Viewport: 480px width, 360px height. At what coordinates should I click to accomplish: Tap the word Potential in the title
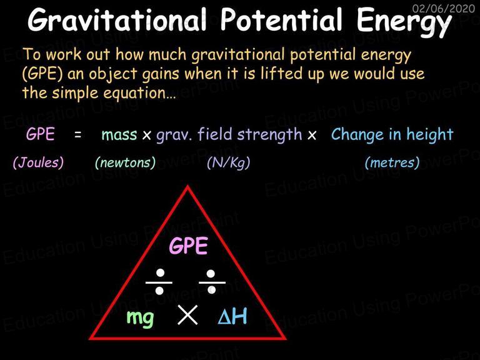pos(281,19)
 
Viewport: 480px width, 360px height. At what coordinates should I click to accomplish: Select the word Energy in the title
pos(404,22)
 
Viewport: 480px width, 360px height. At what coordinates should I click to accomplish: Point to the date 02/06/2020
pos(444,8)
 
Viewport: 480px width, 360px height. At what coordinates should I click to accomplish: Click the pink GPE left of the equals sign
pos(41,134)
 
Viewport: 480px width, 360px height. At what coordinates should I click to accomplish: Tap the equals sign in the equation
pos(78,135)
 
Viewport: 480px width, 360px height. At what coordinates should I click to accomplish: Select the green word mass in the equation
pos(119,135)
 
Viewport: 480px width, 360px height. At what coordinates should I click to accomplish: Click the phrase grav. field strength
pos(229,135)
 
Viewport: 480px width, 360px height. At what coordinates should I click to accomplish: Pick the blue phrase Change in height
pos(392,135)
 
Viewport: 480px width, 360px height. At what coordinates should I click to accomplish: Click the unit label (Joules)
pos(38,162)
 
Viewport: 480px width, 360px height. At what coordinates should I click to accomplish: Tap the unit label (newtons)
pos(125,162)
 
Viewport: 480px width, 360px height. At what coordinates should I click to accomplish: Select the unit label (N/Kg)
pos(228,162)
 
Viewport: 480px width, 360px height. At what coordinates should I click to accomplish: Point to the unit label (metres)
pos(392,162)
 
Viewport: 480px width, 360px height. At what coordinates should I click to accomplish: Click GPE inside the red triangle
pos(189,246)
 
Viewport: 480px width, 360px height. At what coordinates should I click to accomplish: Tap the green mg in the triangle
pos(140,318)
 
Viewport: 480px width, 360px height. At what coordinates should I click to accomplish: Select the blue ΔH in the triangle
pos(232,316)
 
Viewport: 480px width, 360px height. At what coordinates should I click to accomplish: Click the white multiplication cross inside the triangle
pos(187,315)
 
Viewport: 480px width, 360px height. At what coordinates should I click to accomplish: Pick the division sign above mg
pos(159,282)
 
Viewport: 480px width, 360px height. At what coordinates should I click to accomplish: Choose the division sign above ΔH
pos(211,282)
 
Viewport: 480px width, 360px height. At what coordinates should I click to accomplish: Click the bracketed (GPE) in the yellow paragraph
pos(42,74)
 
